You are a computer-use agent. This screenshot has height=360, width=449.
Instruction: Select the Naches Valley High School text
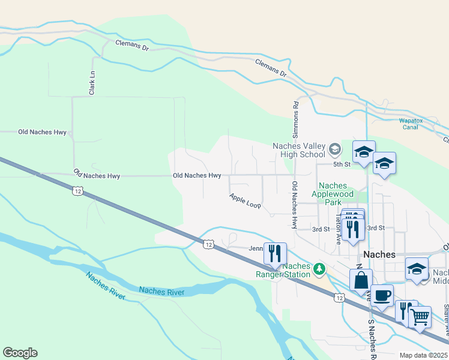298,150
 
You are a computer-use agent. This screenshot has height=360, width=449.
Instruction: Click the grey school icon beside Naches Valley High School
335,149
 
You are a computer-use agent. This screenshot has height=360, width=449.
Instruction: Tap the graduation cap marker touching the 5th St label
364,152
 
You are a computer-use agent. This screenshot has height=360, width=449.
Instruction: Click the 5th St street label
342,164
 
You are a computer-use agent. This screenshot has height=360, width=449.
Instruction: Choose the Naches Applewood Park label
336,194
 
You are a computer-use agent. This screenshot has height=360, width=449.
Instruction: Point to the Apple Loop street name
245,200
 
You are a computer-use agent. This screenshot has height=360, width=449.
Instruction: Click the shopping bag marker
361,280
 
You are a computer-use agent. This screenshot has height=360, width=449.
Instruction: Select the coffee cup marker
382,295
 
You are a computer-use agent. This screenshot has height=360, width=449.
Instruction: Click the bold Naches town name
379,254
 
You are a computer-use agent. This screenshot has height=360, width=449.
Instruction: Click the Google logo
20,353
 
